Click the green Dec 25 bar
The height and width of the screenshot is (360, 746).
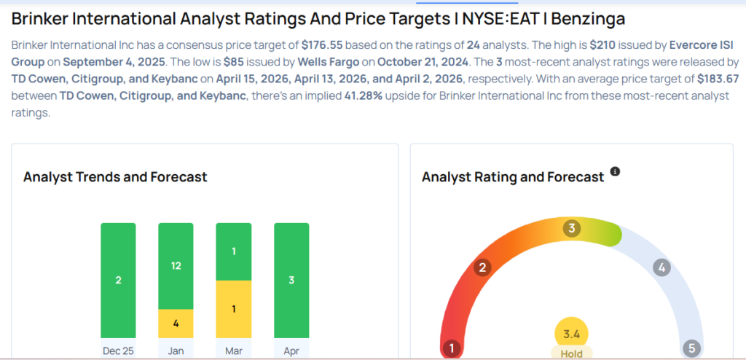(118, 280)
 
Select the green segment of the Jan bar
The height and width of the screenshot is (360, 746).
(176, 266)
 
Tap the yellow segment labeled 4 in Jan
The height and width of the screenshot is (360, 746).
(176, 324)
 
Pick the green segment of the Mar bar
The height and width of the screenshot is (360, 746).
(233, 251)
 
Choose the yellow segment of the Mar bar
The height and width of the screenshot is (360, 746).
(233, 309)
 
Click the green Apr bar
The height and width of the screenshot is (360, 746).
(291, 280)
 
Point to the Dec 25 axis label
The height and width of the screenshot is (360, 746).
(118, 351)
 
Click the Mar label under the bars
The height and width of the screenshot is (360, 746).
(233, 351)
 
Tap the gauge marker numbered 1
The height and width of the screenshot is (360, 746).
(452, 348)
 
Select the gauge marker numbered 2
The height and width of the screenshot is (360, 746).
(481, 268)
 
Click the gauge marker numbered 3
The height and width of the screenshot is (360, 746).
(572, 229)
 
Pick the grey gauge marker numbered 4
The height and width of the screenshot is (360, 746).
(661, 267)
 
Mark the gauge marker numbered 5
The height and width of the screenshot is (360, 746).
(691, 348)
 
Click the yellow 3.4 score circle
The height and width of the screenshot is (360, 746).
(572, 334)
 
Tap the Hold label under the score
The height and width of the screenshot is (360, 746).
(572, 353)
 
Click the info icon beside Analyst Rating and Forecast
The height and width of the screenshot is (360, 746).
(615, 171)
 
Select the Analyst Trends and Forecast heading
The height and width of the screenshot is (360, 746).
(115, 177)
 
